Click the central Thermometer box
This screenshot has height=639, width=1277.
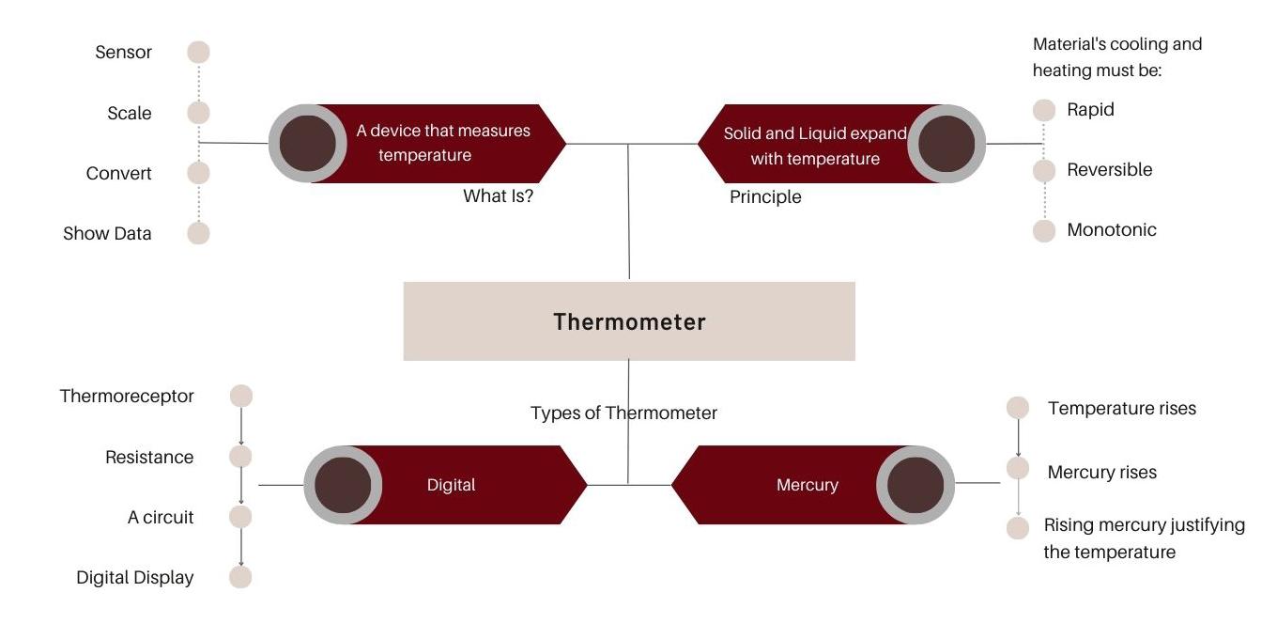click(629, 321)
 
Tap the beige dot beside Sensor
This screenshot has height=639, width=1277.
click(198, 53)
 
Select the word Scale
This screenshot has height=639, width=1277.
click(130, 113)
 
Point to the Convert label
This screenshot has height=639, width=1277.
click(119, 173)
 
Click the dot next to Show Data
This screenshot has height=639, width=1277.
click(198, 233)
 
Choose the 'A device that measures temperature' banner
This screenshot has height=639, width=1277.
click(441, 144)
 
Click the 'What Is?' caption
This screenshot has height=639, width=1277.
click(498, 196)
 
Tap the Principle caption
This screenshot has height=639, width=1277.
click(765, 196)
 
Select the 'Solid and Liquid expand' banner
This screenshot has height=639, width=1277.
click(814, 145)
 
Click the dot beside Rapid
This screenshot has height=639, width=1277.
click(1044, 110)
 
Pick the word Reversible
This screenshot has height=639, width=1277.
click(1109, 170)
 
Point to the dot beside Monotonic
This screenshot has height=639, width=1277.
click(1044, 231)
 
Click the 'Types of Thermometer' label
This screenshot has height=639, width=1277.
click(623, 413)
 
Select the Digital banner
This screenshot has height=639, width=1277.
click(452, 485)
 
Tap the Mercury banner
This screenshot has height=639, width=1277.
click(808, 485)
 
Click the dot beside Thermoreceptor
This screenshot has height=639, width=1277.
click(241, 397)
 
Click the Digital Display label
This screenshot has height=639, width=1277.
click(135, 577)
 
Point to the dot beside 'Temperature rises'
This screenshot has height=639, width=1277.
click(1018, 408)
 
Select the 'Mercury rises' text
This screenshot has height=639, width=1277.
click(1101, 472)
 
